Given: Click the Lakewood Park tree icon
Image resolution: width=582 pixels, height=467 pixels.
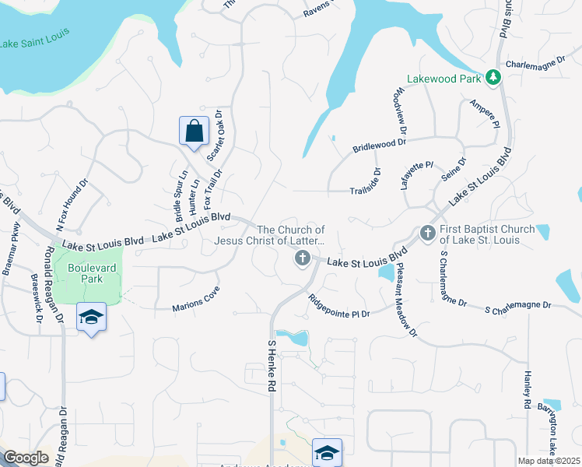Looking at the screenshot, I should click(492, 78).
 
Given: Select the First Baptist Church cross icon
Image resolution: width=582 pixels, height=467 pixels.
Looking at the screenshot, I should click(427, 233).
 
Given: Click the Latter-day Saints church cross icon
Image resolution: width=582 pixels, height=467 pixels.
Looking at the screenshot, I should click(302, 258).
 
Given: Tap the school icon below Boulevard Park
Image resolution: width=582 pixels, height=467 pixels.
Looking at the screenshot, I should click(91, 318).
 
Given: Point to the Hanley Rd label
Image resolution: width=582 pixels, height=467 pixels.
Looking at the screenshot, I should click(526, 390).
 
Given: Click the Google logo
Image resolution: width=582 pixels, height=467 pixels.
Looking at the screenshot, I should click(26, 458).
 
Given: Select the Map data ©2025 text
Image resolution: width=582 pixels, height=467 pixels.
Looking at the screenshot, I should click(548, 461).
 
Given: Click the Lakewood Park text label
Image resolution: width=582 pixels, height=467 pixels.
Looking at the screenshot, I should click(444, 79).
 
